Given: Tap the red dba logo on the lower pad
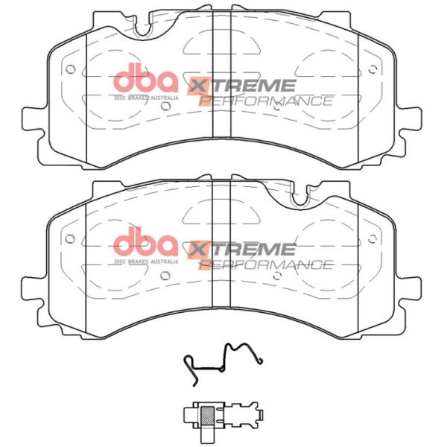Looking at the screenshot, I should [x=146, y=241].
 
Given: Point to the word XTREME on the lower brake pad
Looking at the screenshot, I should [x=243, y=249].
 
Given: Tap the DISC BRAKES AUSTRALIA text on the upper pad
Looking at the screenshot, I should [x=146, y=97].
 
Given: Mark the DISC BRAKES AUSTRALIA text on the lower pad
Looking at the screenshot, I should [x=146, y=261].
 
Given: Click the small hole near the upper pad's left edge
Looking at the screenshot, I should [x=71, y=71].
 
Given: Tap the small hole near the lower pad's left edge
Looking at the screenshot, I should [x=71, y=238].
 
